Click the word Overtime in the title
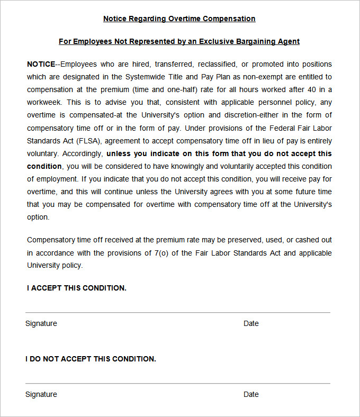[x=185, y=19]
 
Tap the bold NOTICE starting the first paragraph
[x=41, y=64]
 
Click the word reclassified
[x=216, y=64]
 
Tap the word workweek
[x=45, y=102]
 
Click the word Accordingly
[x=83, y=153]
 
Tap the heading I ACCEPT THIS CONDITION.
[x=77, y=288]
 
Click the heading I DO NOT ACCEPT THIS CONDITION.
[x=91, y=359]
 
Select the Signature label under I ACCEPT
[x=41, y=323]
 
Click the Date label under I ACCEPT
[x=251, y=323]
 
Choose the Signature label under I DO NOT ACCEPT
[x=41, y=394]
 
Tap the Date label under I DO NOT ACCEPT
[x=251, y=394]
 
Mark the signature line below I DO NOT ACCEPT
[x=178, y=383]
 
